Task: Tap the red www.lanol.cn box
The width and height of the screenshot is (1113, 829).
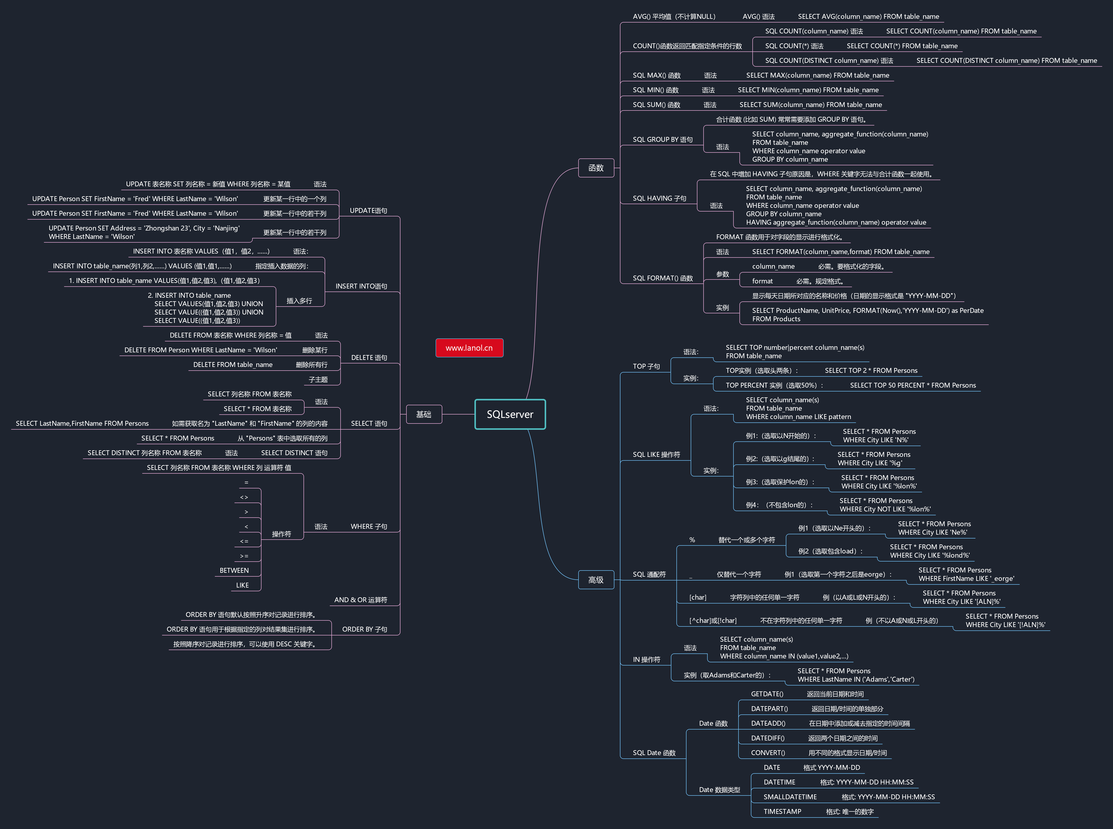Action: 469,348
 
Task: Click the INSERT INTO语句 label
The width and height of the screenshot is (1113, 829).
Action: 361,286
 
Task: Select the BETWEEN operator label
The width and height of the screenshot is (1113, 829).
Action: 234,571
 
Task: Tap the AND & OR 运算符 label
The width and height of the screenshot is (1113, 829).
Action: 361,600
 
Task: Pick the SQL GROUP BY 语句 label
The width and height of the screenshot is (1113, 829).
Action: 662,139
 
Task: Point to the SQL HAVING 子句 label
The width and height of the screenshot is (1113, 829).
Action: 659,198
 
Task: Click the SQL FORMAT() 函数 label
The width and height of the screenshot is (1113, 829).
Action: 662,278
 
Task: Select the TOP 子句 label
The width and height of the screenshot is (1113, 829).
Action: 646,366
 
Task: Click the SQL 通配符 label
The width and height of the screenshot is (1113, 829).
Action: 649,575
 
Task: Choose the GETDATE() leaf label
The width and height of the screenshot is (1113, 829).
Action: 767,694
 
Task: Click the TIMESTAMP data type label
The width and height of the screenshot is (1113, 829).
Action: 782,811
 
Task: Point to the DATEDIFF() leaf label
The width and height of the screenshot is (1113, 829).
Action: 768,738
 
